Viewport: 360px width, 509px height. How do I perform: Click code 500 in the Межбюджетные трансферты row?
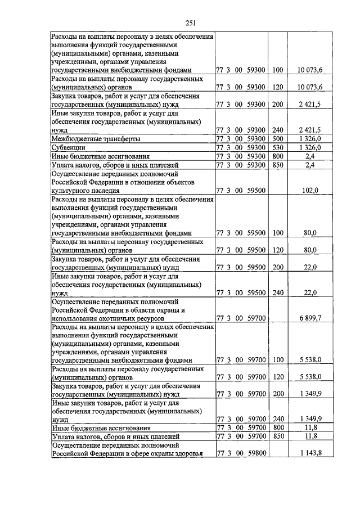[x=277, y=138]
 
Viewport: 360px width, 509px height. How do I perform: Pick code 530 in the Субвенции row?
[x=277, y=147]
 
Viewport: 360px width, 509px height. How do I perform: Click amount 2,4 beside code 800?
[x=310, y=156]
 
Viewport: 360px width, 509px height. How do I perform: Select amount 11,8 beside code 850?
[x=310, y=436]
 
